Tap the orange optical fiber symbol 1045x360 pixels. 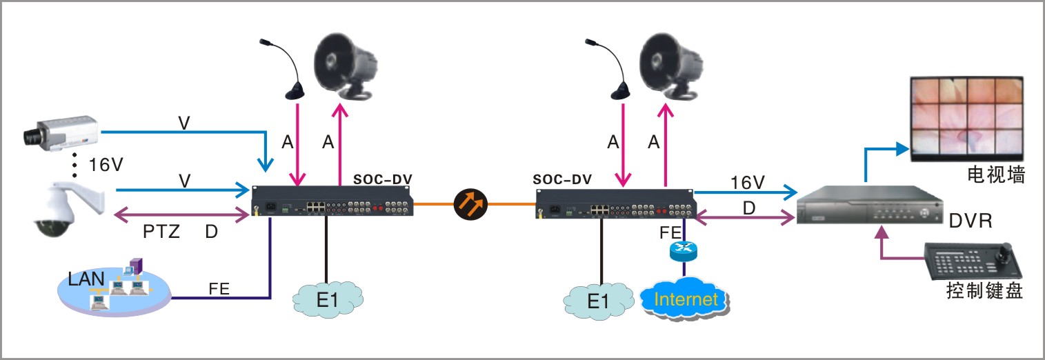(471, 203)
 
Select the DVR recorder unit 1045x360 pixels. (869, 205)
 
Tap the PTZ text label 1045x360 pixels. (161, 231)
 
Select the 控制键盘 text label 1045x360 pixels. (984, 292)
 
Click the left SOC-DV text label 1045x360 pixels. (384, 179)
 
